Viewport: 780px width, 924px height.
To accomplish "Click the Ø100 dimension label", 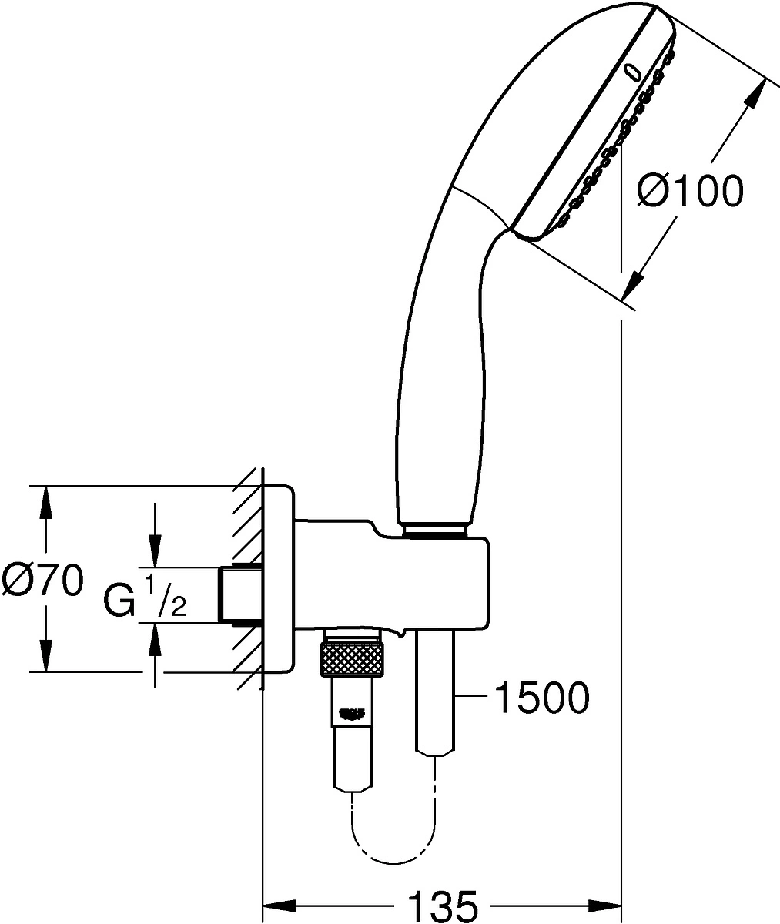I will click(x=691, y=190).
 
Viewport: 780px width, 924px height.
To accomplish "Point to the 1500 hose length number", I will click(x=541, y=698).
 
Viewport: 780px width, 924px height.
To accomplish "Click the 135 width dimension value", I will click(x=442, y=906).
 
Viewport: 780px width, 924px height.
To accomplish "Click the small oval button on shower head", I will click(x=633, y=72).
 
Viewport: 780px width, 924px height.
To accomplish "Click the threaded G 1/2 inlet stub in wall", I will click(x=240, y=594).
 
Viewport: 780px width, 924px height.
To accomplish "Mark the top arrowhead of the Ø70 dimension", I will click(x=46, y=497).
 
